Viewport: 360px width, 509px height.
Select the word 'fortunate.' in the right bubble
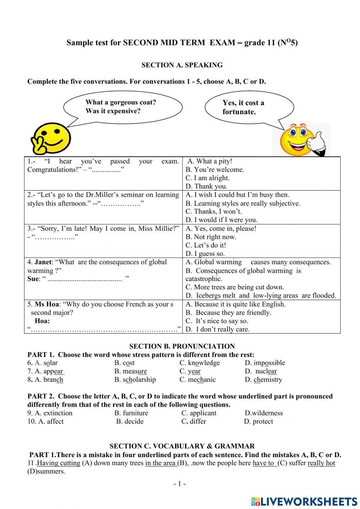tap(239, 112)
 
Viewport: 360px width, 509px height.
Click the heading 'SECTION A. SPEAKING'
tap(182, 65)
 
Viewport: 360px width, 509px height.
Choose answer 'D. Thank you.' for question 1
tap(206, 186)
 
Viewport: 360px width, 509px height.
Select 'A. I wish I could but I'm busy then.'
tap(237, 195)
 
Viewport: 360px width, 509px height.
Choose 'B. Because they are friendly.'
tap(228, 313)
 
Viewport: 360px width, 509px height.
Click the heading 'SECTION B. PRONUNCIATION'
tap(182, 347)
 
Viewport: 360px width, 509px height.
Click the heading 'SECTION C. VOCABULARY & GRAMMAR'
tap(182, 446)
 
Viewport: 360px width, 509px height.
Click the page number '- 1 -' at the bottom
tap(179, 484)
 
